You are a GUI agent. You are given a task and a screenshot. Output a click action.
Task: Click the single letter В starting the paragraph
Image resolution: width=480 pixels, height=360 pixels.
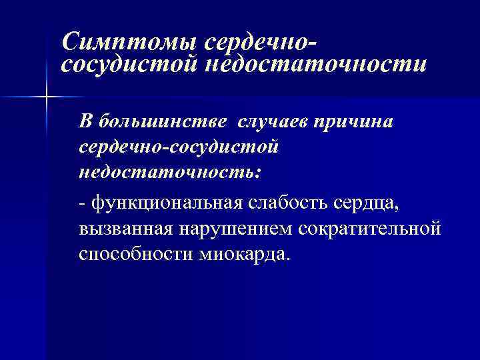point(85,122)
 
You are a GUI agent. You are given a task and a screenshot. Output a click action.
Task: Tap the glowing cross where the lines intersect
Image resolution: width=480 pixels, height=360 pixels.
point(46,97)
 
